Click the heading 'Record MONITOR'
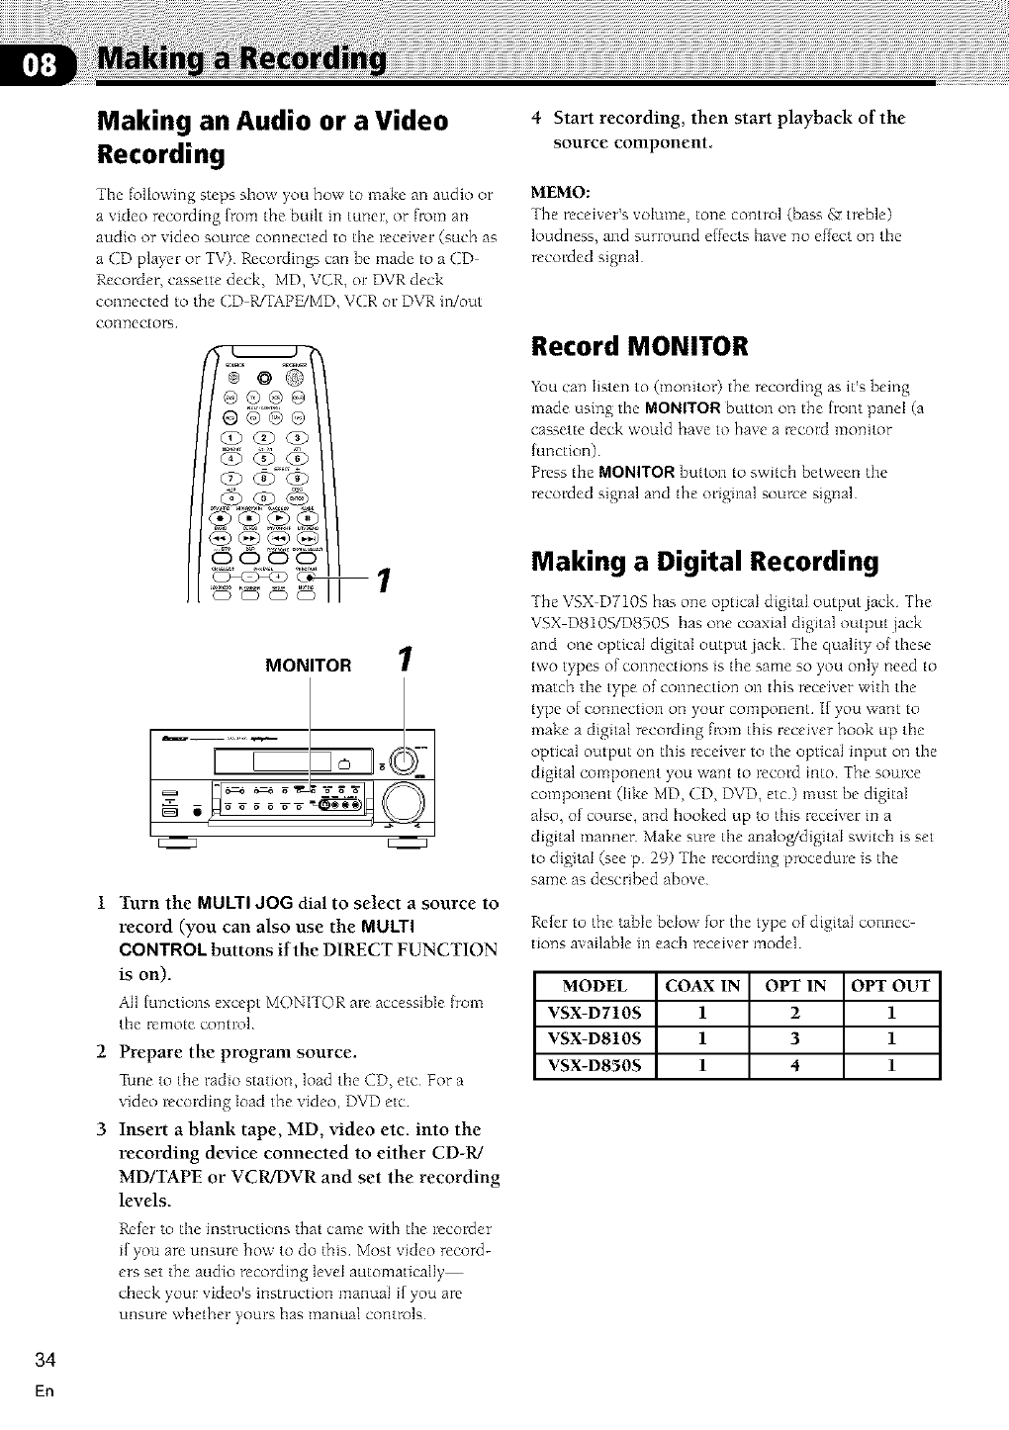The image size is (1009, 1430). [x=639, y=347]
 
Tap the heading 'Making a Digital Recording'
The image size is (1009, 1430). [x=704, y=562]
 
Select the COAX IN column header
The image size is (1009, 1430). [x=702, y=985]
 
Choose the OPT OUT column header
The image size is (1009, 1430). [x=890, y=985]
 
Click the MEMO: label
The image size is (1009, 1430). [x=560, y=191]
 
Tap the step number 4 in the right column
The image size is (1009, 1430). [x=536, y=119]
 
